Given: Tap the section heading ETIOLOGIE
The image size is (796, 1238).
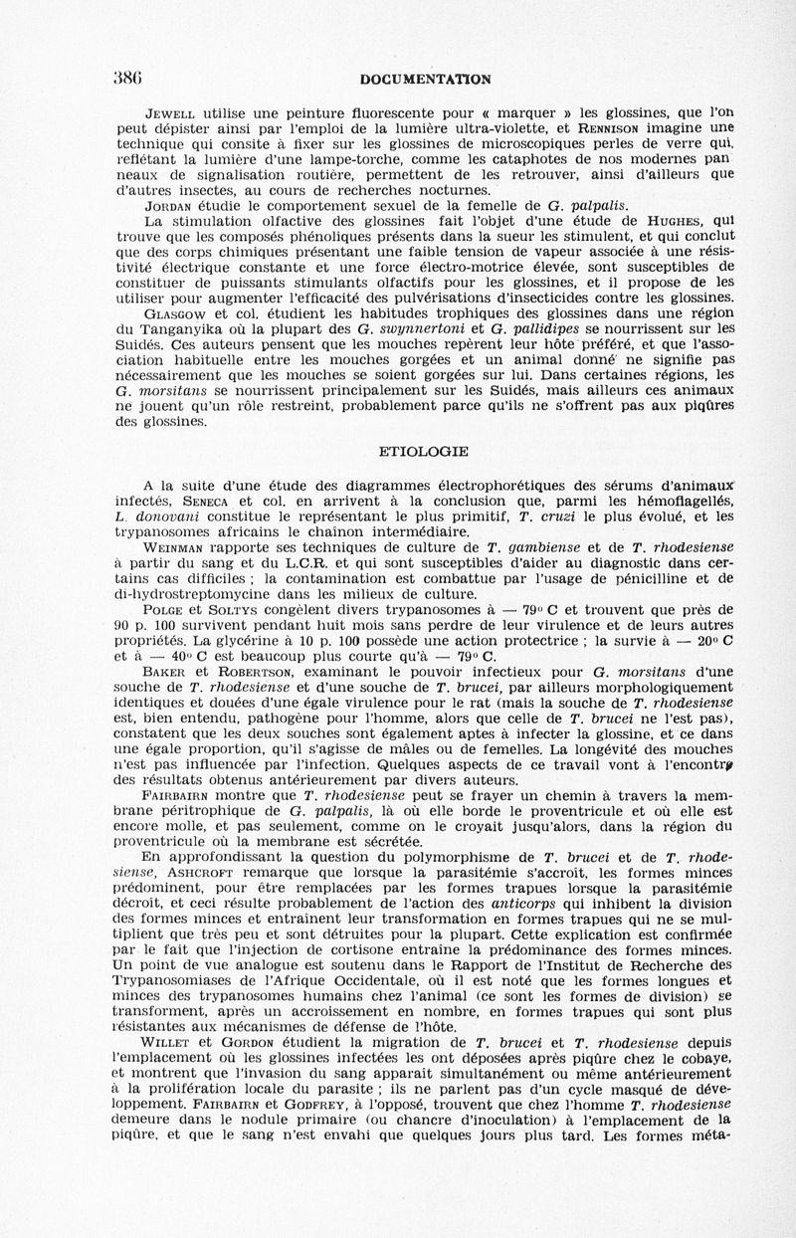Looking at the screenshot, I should pyautogui.click(x=425, y=451).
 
